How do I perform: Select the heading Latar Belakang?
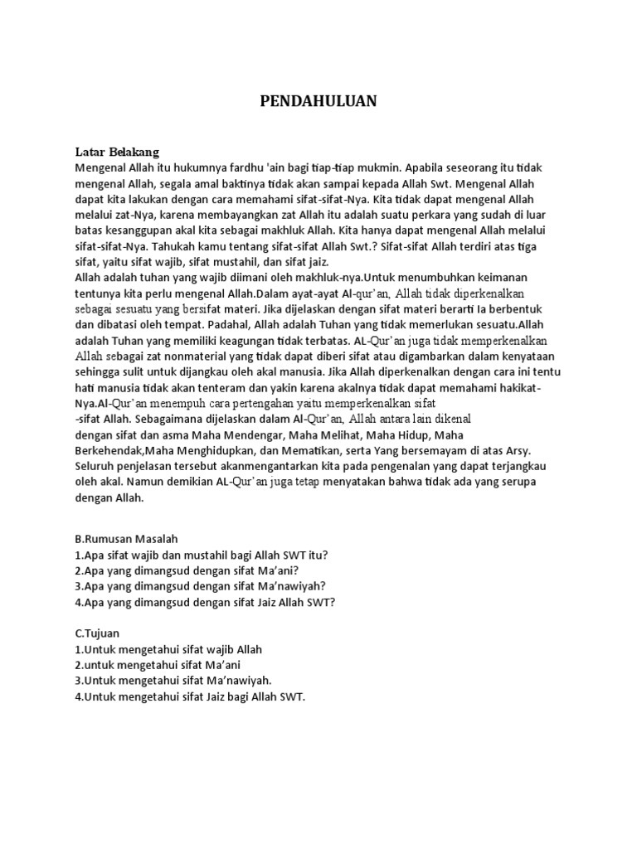point(117,152)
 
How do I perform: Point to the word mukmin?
point(382,167)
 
